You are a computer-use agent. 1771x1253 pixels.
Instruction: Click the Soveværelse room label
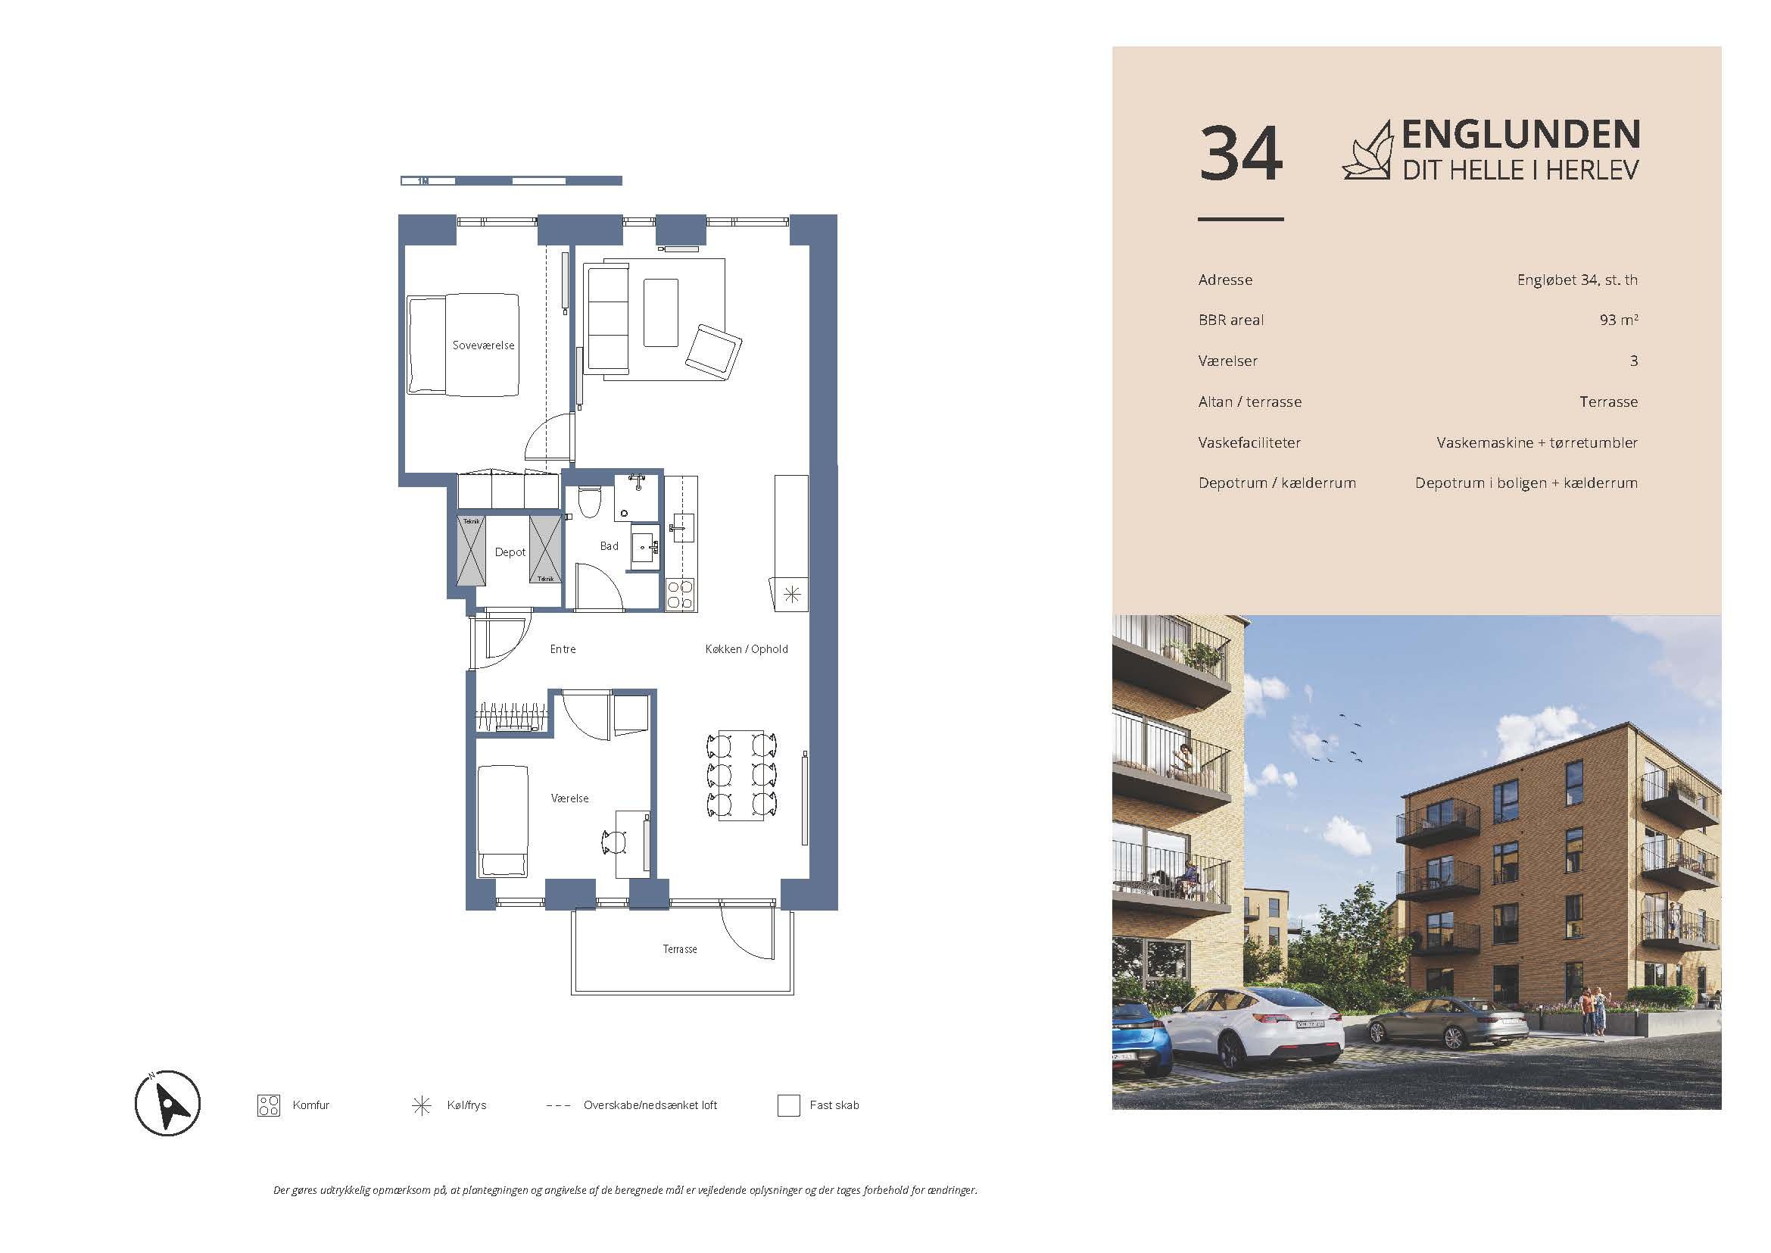[x=483, y=345]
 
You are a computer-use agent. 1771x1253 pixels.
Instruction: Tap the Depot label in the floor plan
[x=510, y=552]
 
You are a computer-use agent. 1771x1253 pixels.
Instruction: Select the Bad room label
[x=610, y=546]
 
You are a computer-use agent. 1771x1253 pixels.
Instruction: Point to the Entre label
[x=563, y=650]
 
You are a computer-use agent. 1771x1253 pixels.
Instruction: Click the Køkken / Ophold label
[x=747, y=650]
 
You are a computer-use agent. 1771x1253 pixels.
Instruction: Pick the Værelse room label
[x=570, y=798]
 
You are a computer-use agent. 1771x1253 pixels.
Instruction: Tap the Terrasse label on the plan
[x=679, y=949]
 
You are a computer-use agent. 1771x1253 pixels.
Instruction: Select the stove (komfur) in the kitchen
[x=681, y=595]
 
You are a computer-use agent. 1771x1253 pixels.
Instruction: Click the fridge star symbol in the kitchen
[x=792, y=595]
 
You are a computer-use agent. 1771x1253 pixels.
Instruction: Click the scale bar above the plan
[x=511, y=181]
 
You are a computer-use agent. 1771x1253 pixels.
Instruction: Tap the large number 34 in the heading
[x=1240, y=155]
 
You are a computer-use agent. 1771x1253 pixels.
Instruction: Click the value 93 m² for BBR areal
[x=1618, y=320]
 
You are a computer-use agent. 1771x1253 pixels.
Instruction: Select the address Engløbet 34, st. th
[x=1576, y=280]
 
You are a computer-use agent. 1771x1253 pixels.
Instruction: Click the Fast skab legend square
[x=788, y=1105]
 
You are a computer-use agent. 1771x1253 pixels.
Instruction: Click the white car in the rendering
[x=1254, y=1029]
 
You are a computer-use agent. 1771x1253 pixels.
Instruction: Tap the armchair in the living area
[x=713, y=351]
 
